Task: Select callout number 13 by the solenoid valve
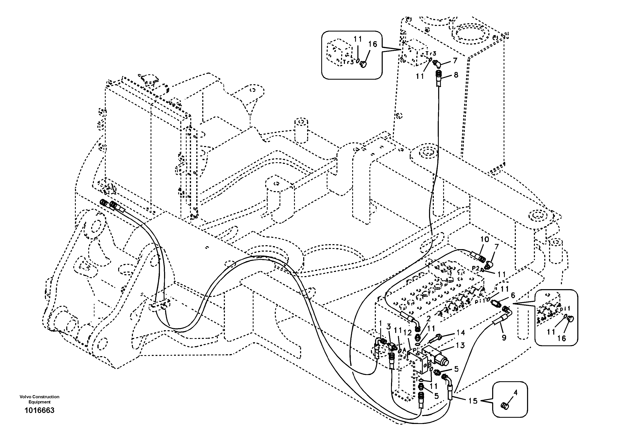pos(460,345)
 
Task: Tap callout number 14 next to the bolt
pos(461,332)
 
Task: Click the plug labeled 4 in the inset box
pos(505,406)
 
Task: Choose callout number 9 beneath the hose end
pos(504,337)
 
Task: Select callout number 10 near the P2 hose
pos(484,239)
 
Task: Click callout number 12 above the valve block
pos(407,333)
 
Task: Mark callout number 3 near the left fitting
pos(388,327)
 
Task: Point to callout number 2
pos(428,319)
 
